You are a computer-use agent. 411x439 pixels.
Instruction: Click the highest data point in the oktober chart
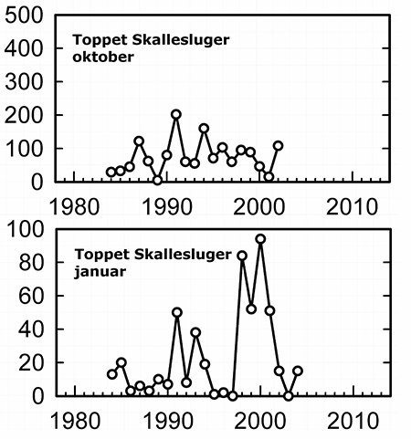176,115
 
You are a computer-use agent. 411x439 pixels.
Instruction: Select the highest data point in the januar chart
260,239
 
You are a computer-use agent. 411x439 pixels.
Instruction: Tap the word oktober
103,57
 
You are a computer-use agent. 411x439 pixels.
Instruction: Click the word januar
100,272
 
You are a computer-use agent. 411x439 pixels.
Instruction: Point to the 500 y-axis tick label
24,16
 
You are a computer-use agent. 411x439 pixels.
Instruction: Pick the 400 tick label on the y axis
24,48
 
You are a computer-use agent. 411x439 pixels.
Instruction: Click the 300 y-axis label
24,81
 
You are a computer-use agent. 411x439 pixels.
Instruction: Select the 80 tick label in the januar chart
31,262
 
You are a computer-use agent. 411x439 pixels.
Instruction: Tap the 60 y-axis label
31,296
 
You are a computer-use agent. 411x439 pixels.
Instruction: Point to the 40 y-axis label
31,329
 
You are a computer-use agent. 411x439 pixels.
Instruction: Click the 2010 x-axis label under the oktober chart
352,207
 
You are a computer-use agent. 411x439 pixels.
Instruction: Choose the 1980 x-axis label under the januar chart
75,422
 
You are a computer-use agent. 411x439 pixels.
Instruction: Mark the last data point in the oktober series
278,146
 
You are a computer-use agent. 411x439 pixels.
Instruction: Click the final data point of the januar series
298,371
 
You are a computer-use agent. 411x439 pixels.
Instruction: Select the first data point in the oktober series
111,172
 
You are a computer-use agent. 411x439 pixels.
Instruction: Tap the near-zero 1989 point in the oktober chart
157,180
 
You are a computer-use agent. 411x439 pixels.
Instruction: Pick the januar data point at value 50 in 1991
177,312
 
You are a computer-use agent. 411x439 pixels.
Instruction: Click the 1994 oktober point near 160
204,129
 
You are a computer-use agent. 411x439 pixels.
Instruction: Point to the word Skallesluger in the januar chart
183,255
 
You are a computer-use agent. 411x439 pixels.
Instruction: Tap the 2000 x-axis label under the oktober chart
259,207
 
